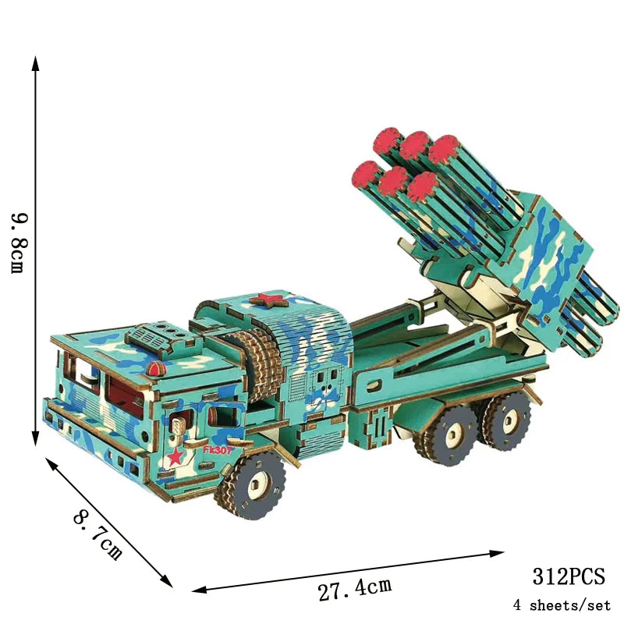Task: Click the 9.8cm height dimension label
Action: coord(19,243)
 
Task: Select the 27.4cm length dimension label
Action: coord(355,589)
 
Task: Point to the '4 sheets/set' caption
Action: coord(562,605)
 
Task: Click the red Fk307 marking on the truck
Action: coord(217,450)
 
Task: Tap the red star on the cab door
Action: coord(175,456)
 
